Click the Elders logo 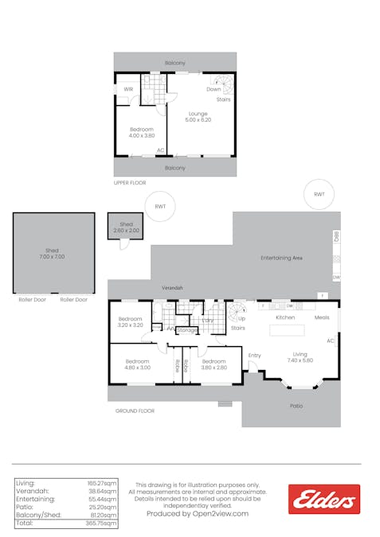pyautogui.click(x=323, y=500)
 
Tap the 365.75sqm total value pyautogui.click(x=102, y=523)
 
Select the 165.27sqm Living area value pyautogui.click(x=102, y=483)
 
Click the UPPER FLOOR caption pyautogui.click(x=131, y=183)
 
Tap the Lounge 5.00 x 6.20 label pyautogui.click(x=198, y=116)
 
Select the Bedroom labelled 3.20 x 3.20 pyautogui.click(x=131, y=321)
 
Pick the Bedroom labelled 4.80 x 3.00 pyautogui.click(x=136, y=364)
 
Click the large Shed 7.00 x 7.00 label pyautogui.click(x=53, y=254)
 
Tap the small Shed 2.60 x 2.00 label pyautogui.click(x=126, y=227)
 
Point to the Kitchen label pyautogui.click(x=286, y=317)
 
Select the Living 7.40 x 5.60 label pyautogui.click(x=300, y=356)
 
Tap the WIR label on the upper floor pyautogui.click(x=128, y=89)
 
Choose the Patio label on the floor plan pyautogui.click(x=295, y=405)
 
